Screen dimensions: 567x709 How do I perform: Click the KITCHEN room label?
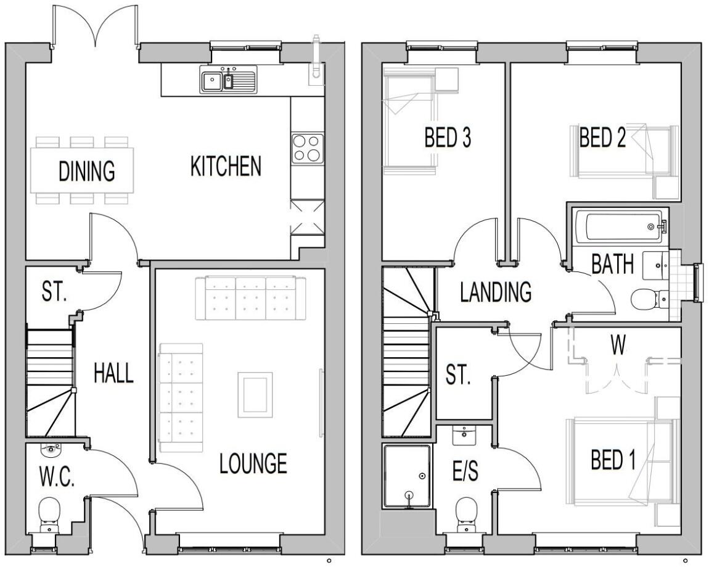click(226, 167)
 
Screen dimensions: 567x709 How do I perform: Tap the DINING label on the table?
click(87, 171)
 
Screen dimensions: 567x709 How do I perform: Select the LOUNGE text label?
click(253, 463)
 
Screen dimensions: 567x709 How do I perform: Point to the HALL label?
click(113, 373)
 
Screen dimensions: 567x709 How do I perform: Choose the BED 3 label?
click(448, 138)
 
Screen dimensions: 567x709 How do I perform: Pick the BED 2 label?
click(602, 138)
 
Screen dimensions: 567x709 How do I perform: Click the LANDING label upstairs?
click(496, 292)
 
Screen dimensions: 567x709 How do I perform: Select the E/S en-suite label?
click(465, 473)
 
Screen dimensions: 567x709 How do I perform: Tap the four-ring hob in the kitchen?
click(307, 148)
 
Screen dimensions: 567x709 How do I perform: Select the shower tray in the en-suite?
click(406, 476)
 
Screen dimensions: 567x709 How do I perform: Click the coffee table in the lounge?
click(255, 395)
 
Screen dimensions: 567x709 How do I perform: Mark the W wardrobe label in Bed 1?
click(618, 346)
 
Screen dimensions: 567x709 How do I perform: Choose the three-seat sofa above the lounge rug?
click(250, 299)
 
